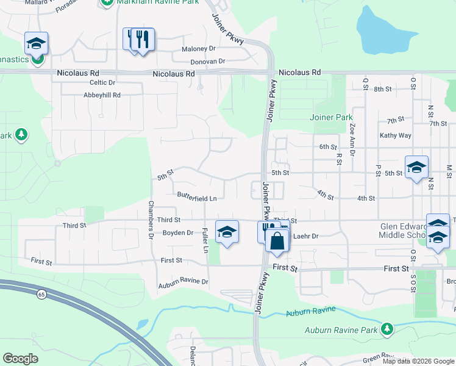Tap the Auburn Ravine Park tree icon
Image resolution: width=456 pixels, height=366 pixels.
click(x=387, y=330)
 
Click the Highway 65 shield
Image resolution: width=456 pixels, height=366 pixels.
click(x=41, y=294)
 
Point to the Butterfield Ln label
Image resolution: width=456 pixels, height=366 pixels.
click(x=197, y=198)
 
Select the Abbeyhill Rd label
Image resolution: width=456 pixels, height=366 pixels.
click(x=102, y=95)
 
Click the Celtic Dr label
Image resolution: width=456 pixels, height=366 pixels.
click(x=102, y=82)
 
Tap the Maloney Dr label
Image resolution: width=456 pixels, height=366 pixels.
click(x=199, y=49)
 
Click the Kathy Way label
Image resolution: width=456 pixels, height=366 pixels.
click(x=395, y=135)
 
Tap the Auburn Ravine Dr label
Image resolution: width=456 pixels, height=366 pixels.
click(x=183, y=282)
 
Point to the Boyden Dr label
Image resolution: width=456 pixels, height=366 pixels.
click(x=177, y=232)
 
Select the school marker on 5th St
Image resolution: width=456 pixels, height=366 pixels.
click(x=416, y=168)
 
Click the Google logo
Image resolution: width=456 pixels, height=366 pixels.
click(x=21, y=359)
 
